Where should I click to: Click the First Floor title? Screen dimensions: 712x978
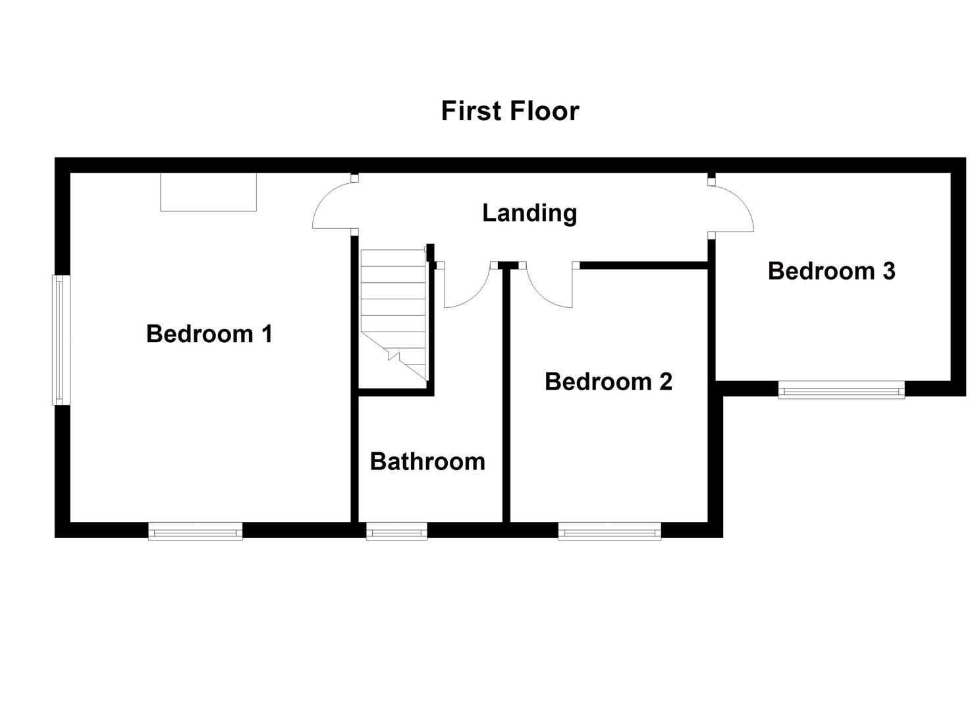[509, 111]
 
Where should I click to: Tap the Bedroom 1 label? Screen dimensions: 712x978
[209, 334]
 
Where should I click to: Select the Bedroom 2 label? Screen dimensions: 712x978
[608, 382]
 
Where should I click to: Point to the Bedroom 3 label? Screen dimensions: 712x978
[831, 271]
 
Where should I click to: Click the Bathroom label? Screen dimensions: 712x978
[427, 461]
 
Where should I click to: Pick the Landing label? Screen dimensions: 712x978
[530, 213]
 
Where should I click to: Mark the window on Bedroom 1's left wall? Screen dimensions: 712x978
[60, 340]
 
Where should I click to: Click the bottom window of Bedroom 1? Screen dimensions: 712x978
[195, 531]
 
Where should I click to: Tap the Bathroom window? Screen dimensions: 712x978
[396, 531]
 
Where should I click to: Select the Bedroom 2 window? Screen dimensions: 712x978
[609, 531]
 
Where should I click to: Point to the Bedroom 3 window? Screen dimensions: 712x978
[841, 390]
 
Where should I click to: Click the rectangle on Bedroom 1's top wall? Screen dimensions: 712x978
[208, 192]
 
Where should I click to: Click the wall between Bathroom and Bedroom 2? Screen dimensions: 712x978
[506, 396]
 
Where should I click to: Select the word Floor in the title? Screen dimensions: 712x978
[546, 111]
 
